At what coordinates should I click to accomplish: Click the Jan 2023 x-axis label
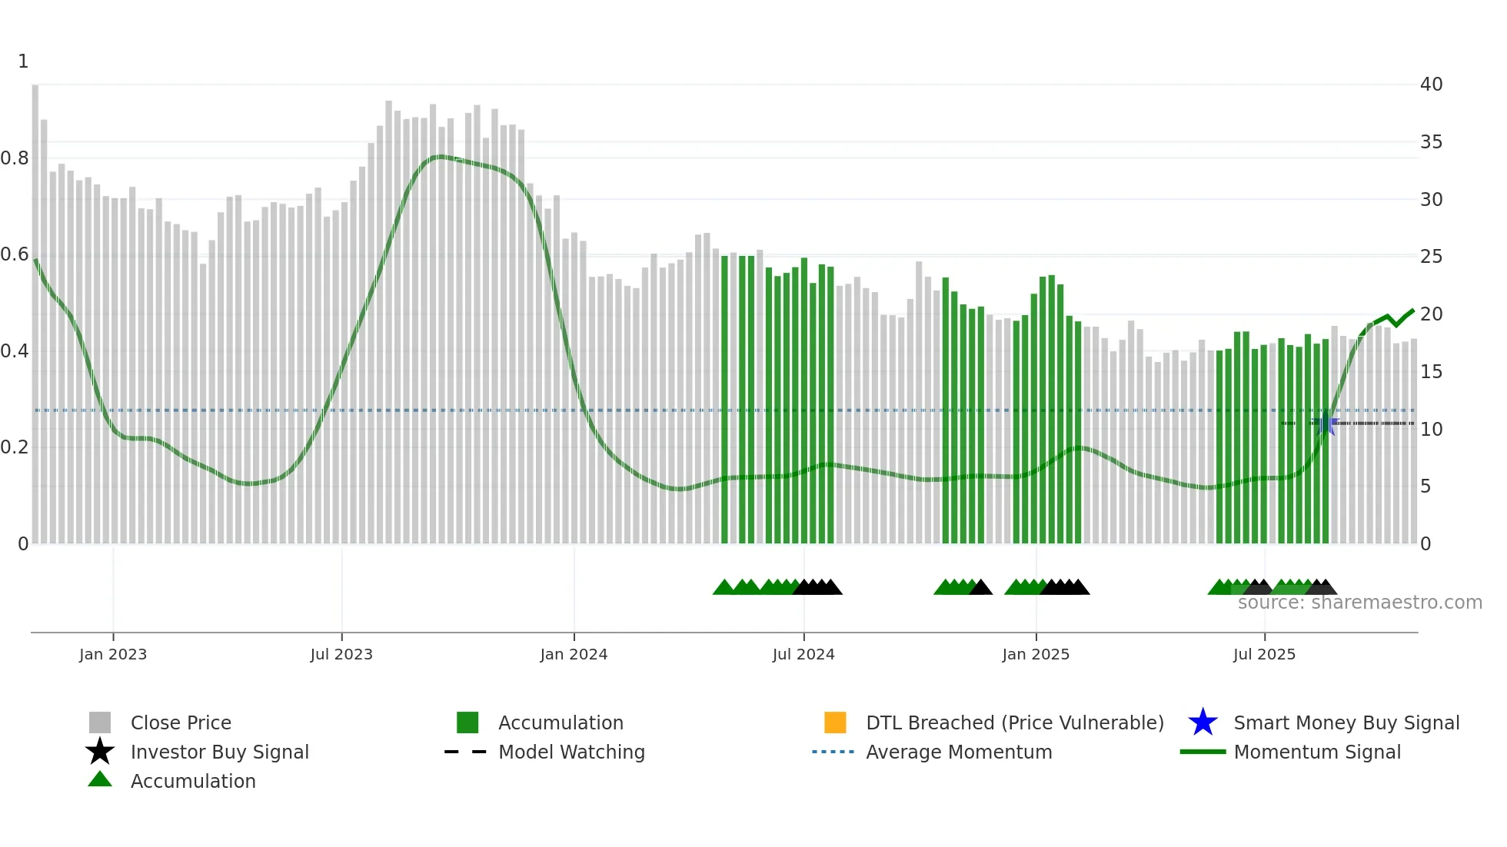pyautogui.click(x=113, y=654)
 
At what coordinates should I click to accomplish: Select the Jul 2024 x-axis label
pyautogui.click(x=803, y=654)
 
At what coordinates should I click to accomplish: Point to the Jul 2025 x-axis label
pyautogui.click(x=1264, y=654)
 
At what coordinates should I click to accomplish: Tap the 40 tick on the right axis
pyautogui.click(x=1431, y=85)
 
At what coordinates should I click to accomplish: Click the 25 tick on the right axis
pyautogui.click(x=1431, y=257)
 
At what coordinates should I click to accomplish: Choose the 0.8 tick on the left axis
pyautogui.click(x=15, y=158)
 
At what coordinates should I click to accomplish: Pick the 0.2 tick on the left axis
pyautogui.click(x=15, y=447)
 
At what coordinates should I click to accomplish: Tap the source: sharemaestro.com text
pyautogui.click(x=1359, y=603)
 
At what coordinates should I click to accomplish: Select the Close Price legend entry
pyautogui.click(x=181, y=722)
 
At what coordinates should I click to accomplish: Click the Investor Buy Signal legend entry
pyautogui.click(x=219, y=752)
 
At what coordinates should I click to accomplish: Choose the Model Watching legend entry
pyautogui.click(x=571, y=752)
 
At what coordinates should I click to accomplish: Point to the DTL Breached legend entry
pyautogui.click(x=1014, y=722)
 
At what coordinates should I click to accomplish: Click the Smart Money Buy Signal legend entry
pyautogui.click(x=1346, y=722)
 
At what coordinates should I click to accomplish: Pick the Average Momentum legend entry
pyautogui.click(x=959, y=752)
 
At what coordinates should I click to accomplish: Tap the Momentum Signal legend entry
pyautogui.click(x=1317, y=752)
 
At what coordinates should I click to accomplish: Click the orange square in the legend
pyautogui.click(x=835, y=722)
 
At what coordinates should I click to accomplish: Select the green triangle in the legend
pyautogui.click(x=100, y=779)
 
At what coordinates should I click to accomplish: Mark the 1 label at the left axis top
pyautogui.click(x=23, y=61)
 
